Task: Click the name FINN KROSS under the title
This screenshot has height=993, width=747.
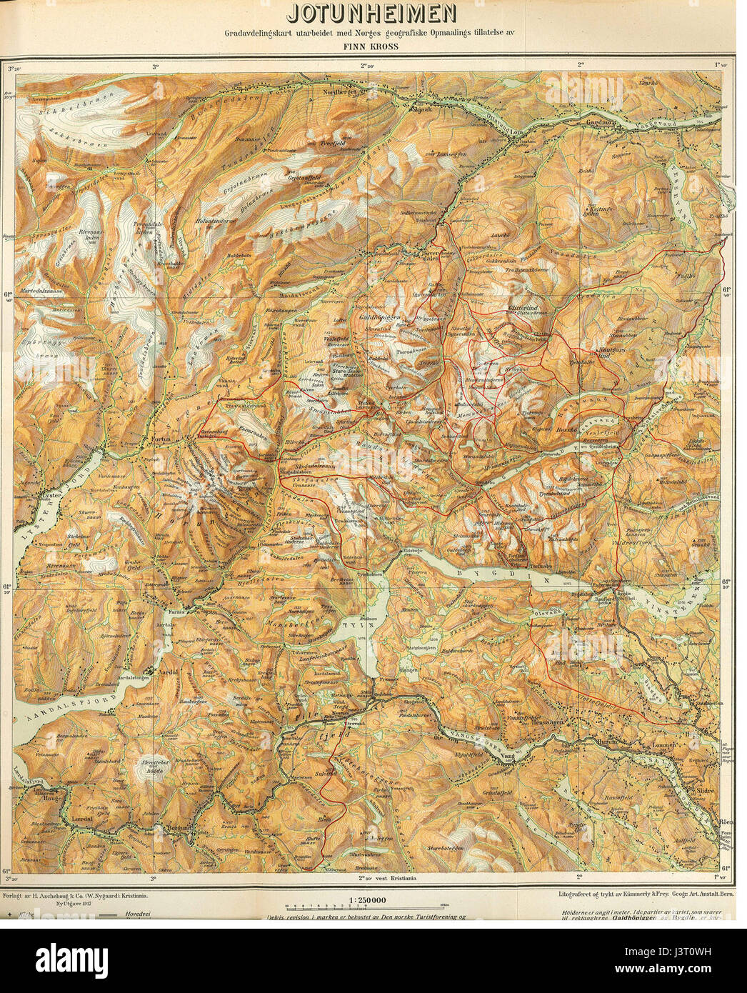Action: click(373, 47)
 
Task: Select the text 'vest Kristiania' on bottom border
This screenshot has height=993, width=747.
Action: click(398, 877)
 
